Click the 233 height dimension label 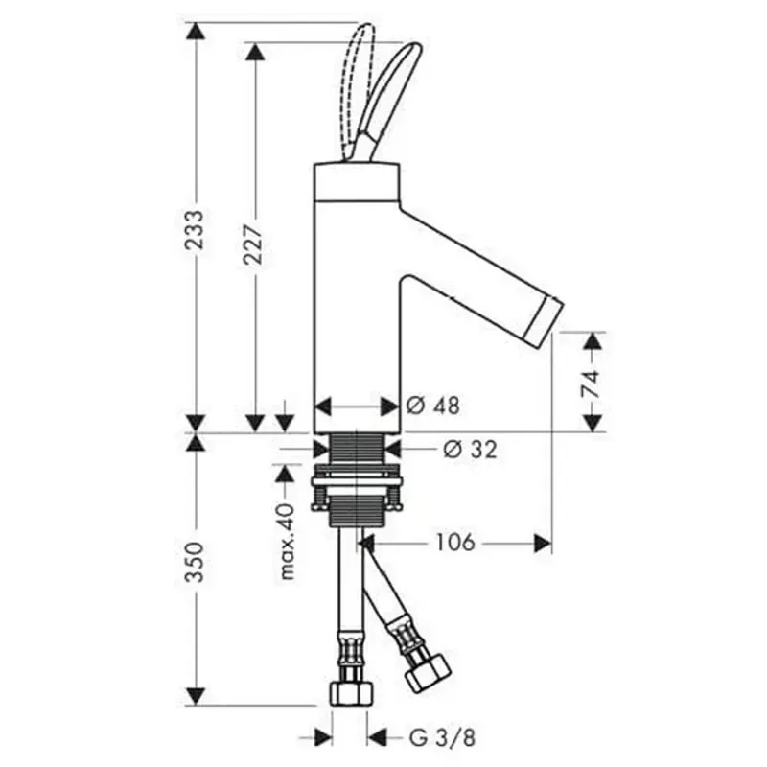[196, 230]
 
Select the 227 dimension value [254, 244]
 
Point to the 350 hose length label [196, 562]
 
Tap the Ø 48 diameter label [433, 406]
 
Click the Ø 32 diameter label [470, 449]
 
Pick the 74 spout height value [592, 383]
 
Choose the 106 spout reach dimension [454, 542]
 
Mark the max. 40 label [287, 541]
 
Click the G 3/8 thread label [442, 738]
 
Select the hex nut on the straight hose [352, 693]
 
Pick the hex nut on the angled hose [427, 673]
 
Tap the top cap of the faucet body [357, 181]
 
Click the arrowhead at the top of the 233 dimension [196, 32]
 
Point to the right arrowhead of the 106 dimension [543, 543]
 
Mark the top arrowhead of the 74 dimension [593, 341]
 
